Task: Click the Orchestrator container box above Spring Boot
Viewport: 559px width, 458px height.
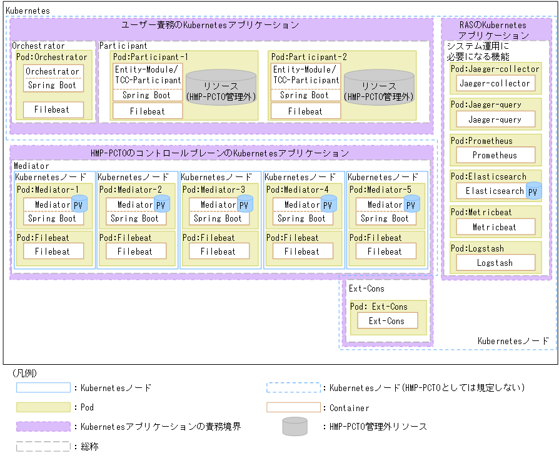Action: click(53, 71)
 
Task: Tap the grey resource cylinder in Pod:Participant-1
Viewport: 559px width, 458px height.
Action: click(221, 88)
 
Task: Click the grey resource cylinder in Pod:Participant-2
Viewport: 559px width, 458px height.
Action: click(380, 88)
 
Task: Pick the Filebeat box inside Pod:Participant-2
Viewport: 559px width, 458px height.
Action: click(305, 111)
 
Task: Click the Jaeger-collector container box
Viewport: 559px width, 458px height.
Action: click(495, 83)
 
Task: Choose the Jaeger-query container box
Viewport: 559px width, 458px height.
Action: click(495, 120)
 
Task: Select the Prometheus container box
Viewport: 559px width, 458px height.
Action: click(495, 155)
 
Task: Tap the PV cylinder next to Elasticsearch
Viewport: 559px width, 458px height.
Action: click(534, 191)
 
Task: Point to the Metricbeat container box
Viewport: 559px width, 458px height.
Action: click(495, 227)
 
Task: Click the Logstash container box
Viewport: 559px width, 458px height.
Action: click(495, 263)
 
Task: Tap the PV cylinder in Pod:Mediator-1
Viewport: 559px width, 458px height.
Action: click(78, 204)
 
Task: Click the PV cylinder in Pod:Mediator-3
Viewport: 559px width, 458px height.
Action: click(245, 204)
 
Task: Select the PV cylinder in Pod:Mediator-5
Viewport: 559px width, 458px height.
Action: click(411, 204)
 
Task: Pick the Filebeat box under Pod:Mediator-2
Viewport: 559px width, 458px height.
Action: click(136, 252)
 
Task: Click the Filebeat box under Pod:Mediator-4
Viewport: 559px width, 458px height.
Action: click(302, 252)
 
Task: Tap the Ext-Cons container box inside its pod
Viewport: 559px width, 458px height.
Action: click(386, 321)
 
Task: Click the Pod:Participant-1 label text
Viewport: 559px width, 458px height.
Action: click(151, 57)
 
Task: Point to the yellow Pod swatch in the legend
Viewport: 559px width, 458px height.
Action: click(43, 407)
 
